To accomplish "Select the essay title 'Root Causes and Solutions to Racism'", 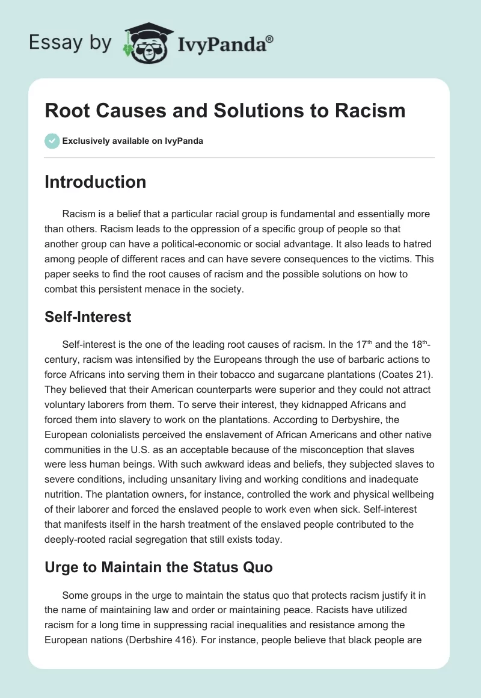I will pyautogui.click(x=225, y=111).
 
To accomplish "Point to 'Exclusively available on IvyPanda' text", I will pyautogui.click(x=132, y=141).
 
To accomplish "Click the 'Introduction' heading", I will pyautogui.click(x=95, y=182).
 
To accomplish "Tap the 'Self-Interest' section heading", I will pyautogui.click(x=88, y=317).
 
